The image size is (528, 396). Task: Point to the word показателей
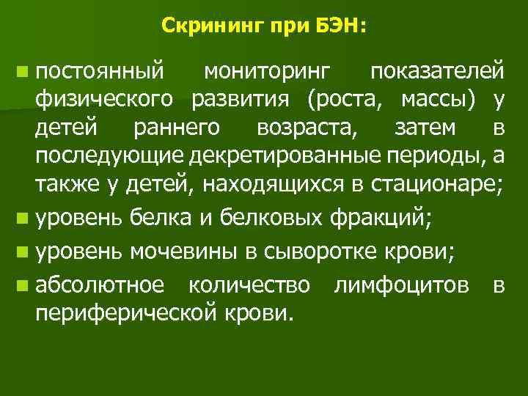436,72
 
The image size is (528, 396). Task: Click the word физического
104,99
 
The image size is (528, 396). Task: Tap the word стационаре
444,186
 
